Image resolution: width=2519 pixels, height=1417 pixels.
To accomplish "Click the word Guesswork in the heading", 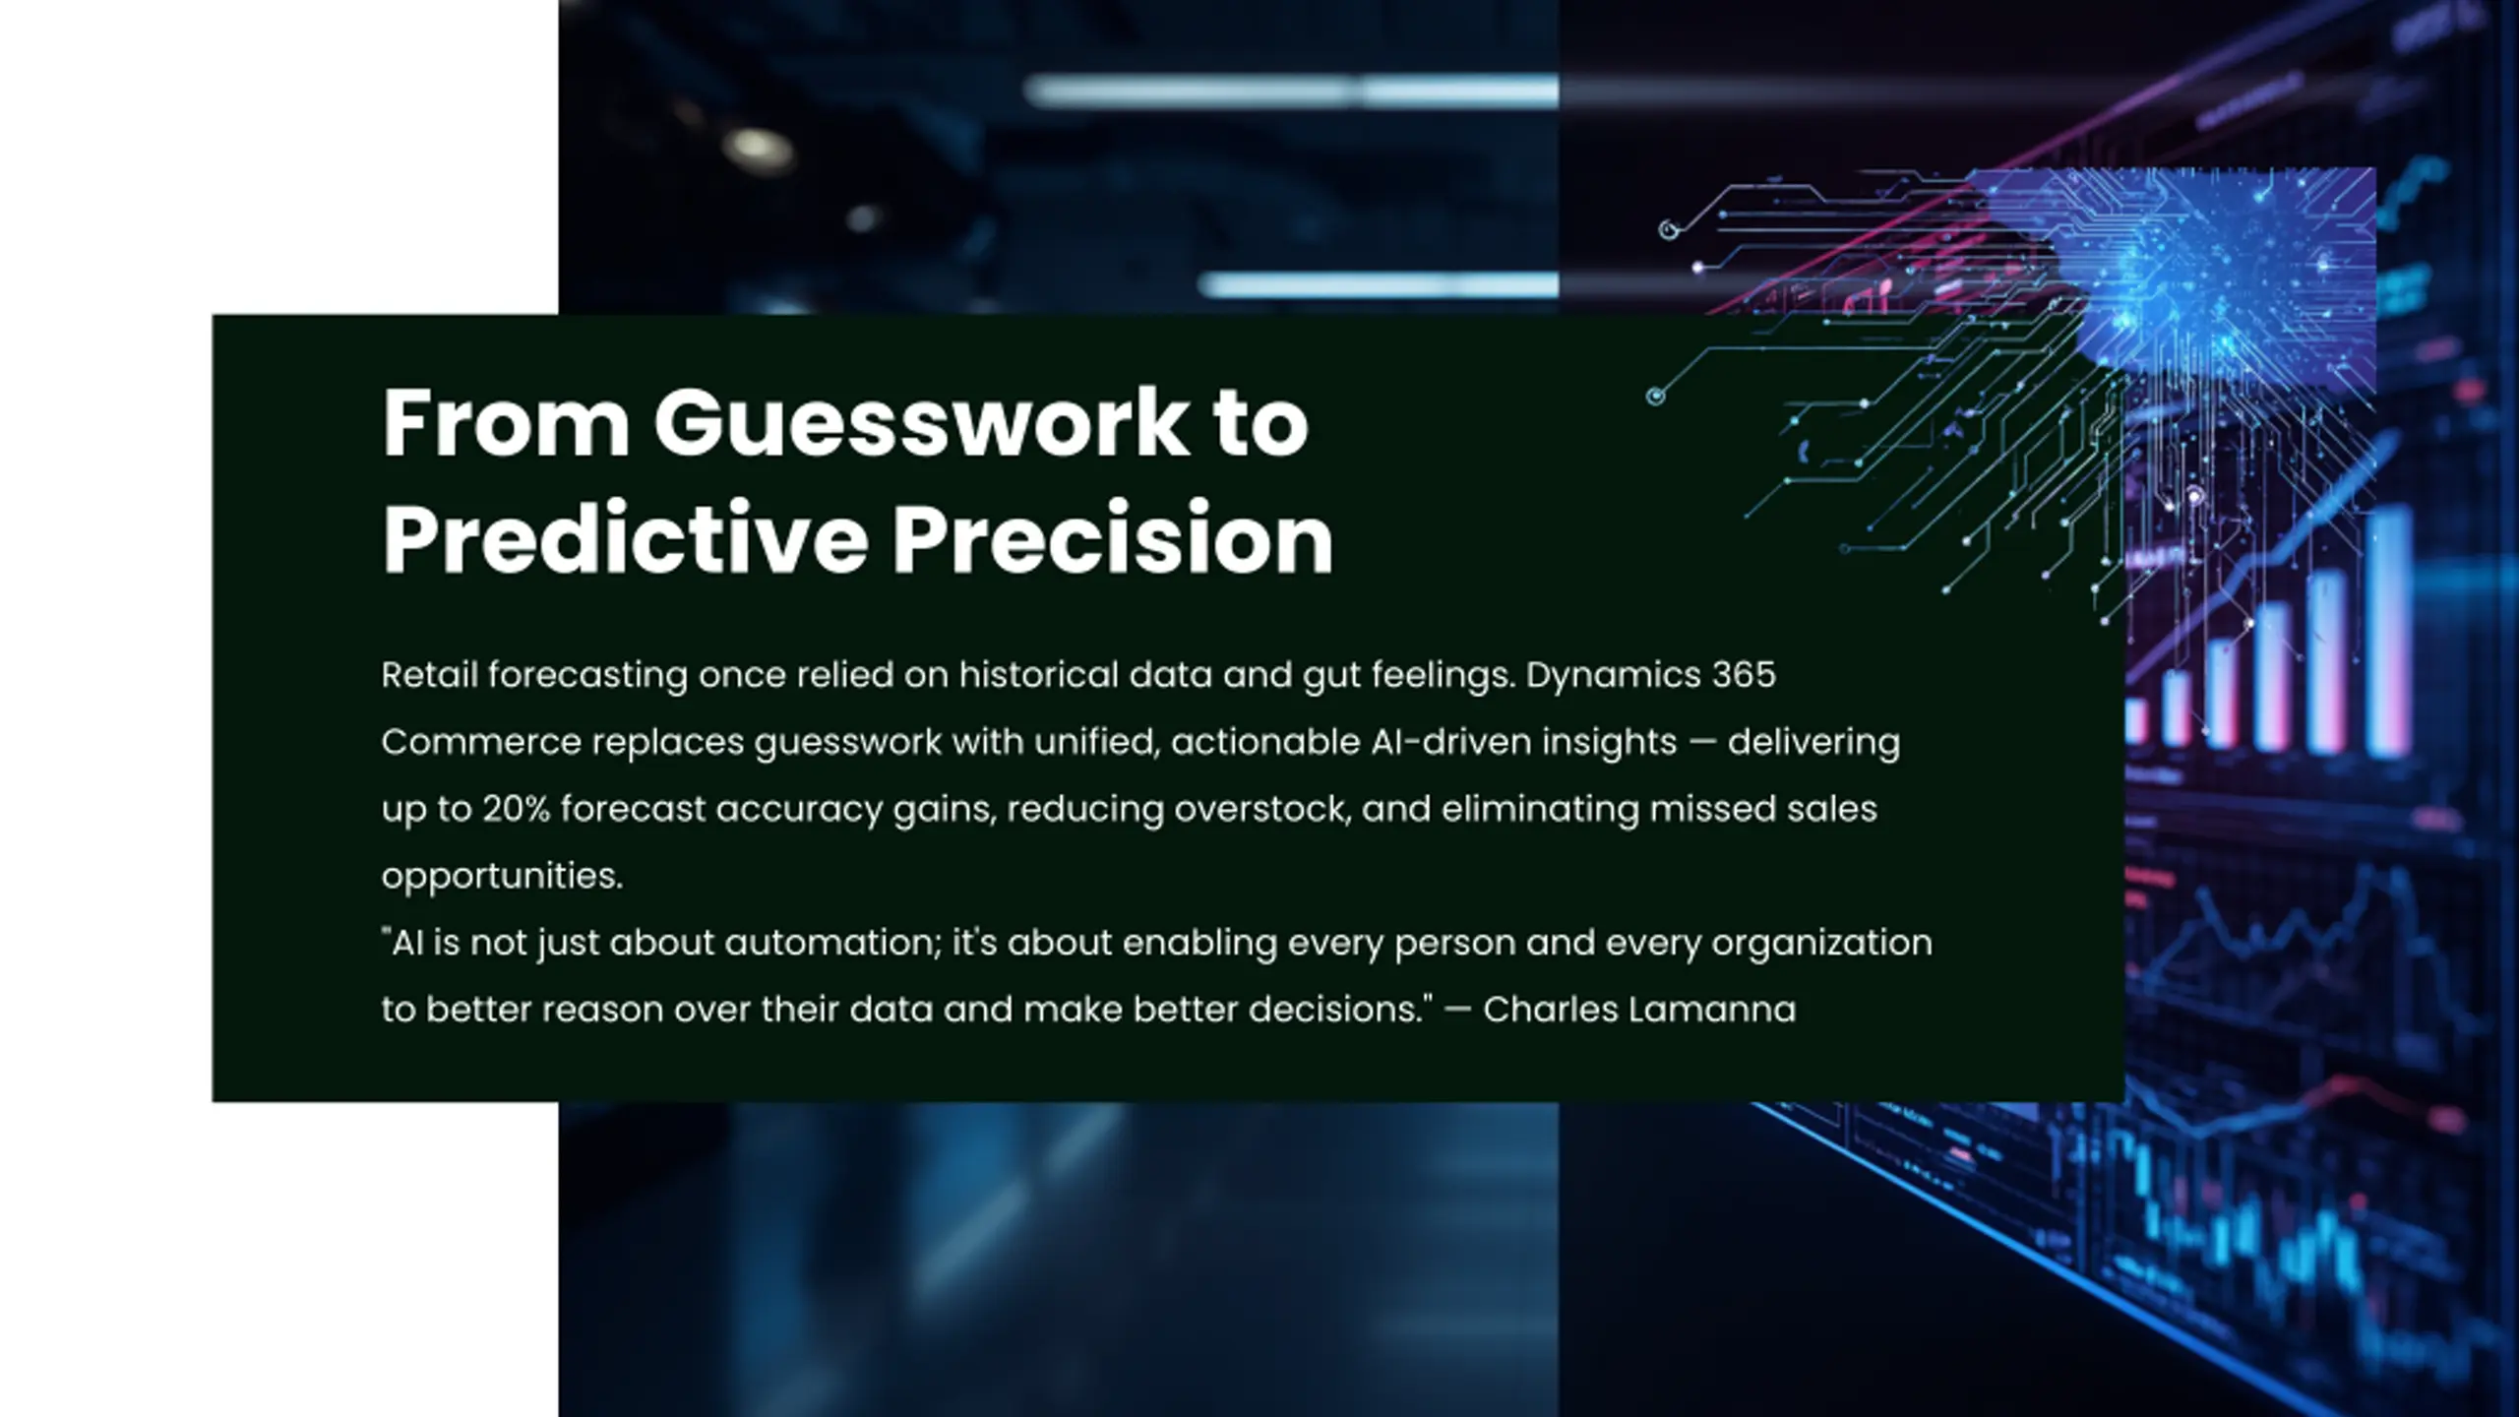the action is (921, 425).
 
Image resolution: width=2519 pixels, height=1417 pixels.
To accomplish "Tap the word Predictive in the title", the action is (625, 538).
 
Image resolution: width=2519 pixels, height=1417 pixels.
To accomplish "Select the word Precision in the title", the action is (1113, 538).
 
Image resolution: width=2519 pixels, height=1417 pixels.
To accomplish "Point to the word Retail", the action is (429, 675).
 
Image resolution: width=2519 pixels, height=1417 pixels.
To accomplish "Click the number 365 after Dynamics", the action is (1744, 675).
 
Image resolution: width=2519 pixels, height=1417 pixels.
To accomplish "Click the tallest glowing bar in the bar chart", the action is (2388, 631).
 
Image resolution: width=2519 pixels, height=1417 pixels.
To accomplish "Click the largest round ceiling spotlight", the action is (759, 149).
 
